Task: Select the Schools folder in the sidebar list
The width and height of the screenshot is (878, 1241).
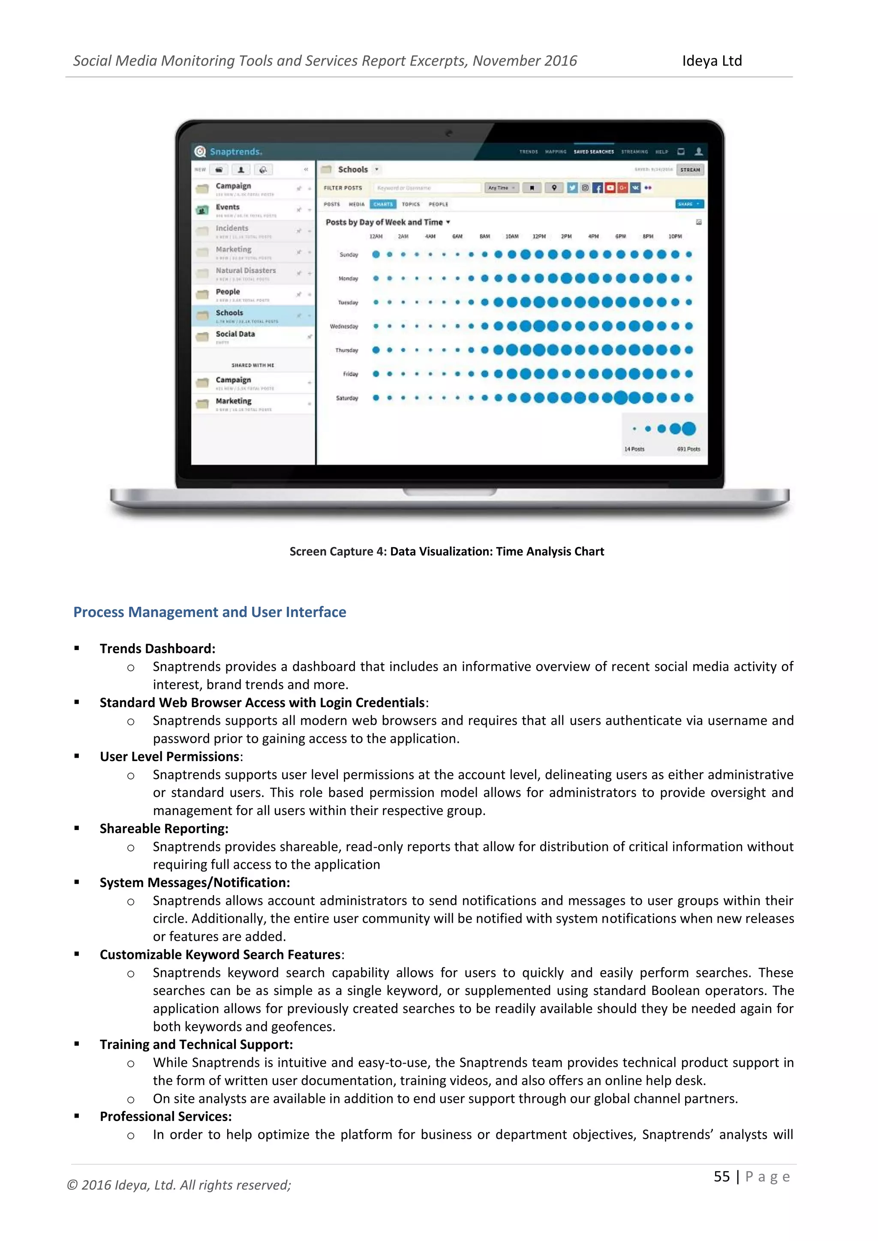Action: (230, 313)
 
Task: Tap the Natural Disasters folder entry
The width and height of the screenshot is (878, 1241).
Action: (246, 271)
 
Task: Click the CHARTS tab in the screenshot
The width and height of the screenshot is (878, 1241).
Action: (383, 204)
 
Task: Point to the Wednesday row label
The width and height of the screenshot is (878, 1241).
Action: (344, 327)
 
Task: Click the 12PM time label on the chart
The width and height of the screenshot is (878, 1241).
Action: (539, 237)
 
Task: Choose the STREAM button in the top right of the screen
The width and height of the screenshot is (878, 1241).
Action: (690, 170)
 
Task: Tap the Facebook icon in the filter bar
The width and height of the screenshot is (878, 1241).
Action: (597, 188)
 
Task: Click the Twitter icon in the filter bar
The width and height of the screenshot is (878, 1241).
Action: (572, 188)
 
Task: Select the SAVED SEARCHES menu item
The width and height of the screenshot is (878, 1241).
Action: (594, 152)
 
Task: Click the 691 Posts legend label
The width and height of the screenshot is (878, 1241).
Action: (688, 449)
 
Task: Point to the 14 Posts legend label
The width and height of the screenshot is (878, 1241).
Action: (634, 449)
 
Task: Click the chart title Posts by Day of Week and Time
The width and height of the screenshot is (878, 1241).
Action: (385, 222)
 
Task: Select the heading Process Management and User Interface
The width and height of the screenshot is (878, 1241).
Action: (210, 612)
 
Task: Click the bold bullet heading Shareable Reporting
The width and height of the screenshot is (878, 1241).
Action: (164, 829)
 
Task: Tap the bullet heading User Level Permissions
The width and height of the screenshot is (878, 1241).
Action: (170, 757)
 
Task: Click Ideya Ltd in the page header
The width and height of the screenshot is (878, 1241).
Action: (712, 61)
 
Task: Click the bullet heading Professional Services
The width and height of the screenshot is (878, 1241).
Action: (165, 1117)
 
